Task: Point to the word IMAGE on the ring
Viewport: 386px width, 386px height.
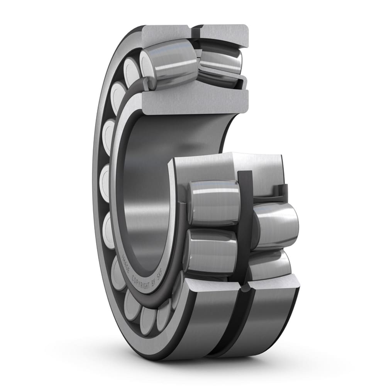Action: pyautogui.click(x=125, y=262)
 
